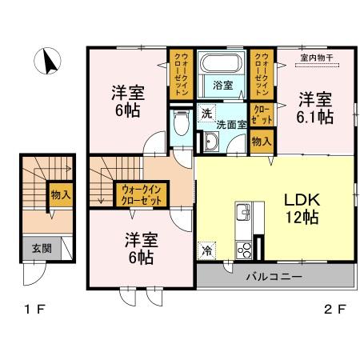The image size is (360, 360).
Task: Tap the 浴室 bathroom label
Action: [x=222, y=85]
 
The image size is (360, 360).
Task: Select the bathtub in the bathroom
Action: [x=222, y=65]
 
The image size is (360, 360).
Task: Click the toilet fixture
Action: [x=180, y=124]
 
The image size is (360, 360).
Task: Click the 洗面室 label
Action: [x=232, y=125]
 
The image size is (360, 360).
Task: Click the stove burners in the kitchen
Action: [x=243, y=249]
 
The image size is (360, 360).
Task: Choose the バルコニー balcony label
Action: [x=272, y=277]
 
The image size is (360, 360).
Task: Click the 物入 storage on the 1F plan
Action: [x=60, y=194]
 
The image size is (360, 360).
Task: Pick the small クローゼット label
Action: [x=261, y=113]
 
